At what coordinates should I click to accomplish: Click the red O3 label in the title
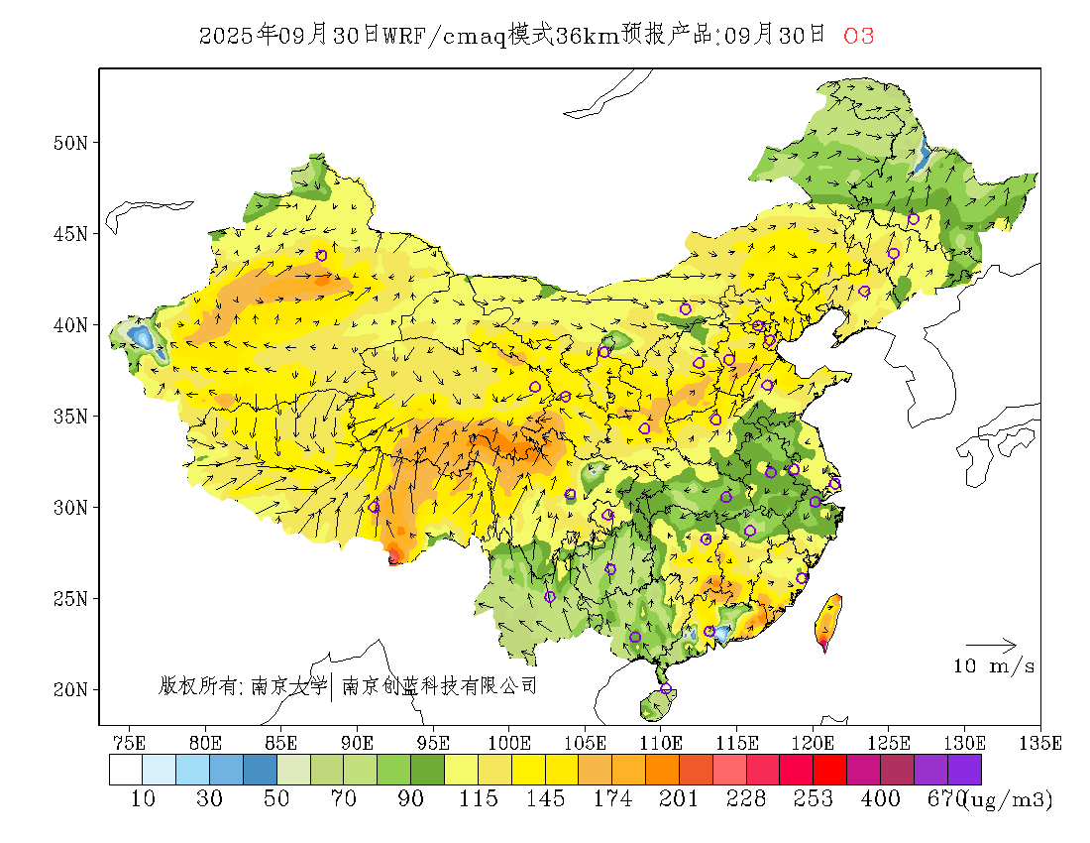pyautogui.click(x=858, y=36)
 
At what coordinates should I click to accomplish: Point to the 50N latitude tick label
pyautogui.click(x=70, y=143)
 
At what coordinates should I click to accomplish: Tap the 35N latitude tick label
pyautogui.click(x=70, y=416)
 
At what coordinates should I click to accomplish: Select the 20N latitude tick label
pyautogui.click(x=70, y=689)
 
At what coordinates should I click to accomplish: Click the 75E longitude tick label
pyautogui.click(x=130, y=742)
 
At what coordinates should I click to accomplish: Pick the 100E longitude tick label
pyautogui.click(x=509, y=742)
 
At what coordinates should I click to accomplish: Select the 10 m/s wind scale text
pyautogui.click(x=994, y=666)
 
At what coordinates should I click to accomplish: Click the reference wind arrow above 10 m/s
pyautogui.click(x=991, y=646)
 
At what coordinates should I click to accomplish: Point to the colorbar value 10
pyautogui.click(x=144, y=799)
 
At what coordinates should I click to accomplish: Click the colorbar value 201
pyautogui.click(x=679, y=799)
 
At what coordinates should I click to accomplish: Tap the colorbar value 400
pyautogui.click(x=880, y=799)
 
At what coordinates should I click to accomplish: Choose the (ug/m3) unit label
pyautogui.click(x=1008, y=799)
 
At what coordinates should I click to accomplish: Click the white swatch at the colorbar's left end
pyautogui.click(x=126, y=771)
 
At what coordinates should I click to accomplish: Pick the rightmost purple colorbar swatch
pyautogui.click(x=964, y=771)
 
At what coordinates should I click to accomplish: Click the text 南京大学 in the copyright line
pyautogui.click(x=288, y=685)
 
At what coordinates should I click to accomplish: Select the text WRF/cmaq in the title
pyautogui.click(x=445, y=36)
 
